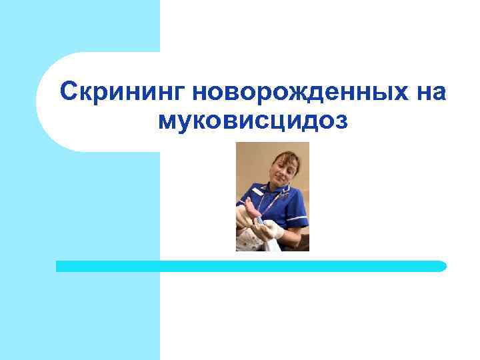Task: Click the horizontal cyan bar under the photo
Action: click(x=251, y=266)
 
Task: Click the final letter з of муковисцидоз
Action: click(x=341, y=121)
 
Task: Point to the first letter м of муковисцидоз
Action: click(x=167, y=121)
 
